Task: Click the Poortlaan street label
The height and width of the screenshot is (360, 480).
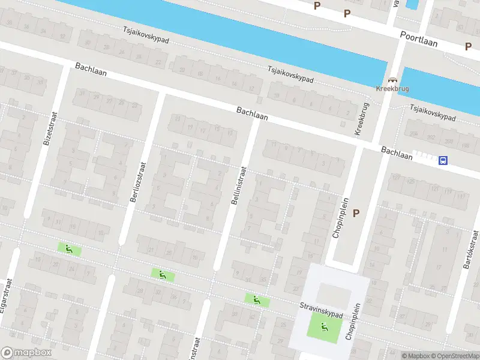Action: coord(419,39)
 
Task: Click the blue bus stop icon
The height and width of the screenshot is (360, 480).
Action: coord(443,160)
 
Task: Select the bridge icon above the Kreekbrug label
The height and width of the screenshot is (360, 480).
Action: coord(393,80)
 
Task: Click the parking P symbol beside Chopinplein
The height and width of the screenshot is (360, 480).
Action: coord(356,213)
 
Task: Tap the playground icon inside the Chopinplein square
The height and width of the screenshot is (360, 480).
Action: coord(325,327)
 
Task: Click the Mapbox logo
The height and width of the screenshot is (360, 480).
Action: coord(26,353)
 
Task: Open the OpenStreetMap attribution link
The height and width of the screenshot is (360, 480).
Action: coord(454,356)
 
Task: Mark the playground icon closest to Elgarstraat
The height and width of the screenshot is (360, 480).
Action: coord(69,248)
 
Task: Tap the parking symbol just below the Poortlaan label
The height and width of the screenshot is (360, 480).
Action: coord(468,47)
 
